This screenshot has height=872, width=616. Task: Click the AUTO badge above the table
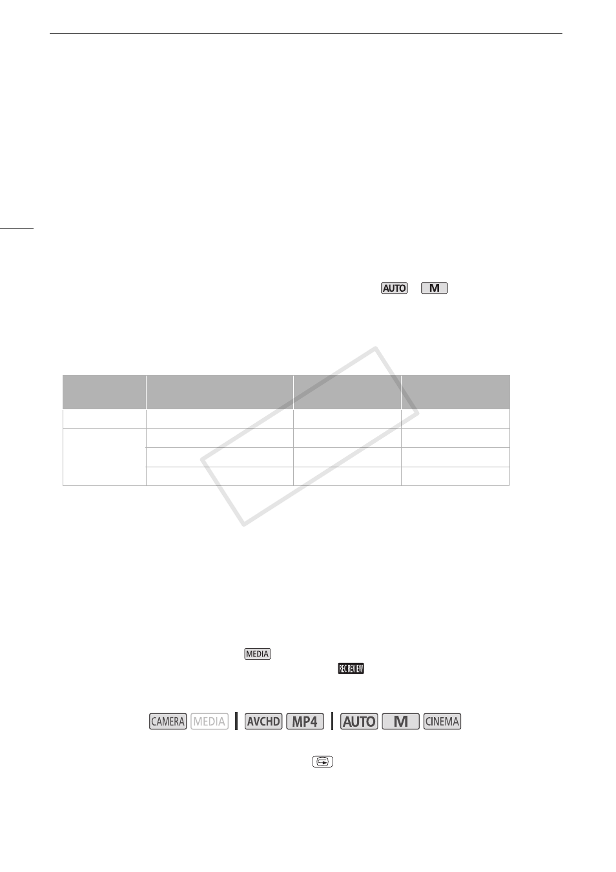click(394, 288)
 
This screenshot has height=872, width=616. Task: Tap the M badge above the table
click(434, 288)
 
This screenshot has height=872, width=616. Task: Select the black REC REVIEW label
click(351, 669)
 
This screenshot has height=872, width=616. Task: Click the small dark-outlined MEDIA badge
click(258, 654)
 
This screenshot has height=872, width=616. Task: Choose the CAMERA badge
click(168, 722)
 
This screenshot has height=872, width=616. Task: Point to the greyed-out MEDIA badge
click(209, 722)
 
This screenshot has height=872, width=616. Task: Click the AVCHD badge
click(263, 722)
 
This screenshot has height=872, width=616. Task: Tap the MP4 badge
click(305, 722)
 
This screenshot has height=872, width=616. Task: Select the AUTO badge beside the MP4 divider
click(359, 722)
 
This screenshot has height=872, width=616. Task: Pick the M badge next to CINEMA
click(401, 722)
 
